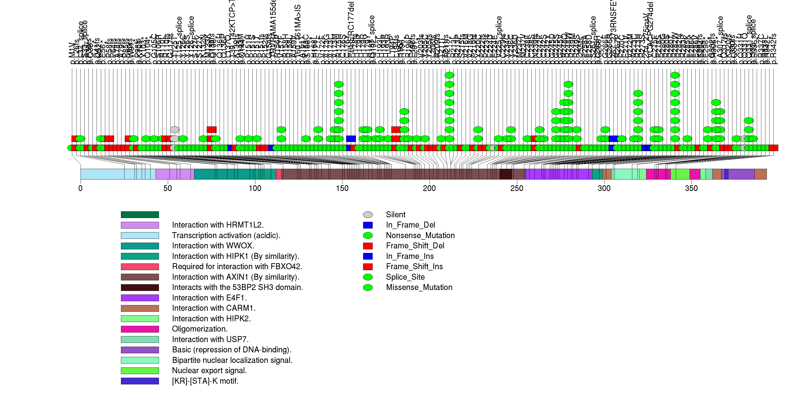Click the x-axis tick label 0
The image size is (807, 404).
[x=81, y=189]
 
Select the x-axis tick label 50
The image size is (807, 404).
[x=168, y=189]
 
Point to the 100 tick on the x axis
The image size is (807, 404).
[x=255, y=189]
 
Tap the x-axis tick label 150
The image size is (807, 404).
[x=342, y=189]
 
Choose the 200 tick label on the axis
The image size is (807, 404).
[x=430, y=189]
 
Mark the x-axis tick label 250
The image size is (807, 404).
[x=517, y=189]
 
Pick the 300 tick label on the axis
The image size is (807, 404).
[x=604, y=189]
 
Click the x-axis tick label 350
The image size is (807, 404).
[x=691, y=189]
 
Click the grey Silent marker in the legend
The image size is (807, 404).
[x=368, y=214]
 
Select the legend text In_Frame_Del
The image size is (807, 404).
[x=410, y=225]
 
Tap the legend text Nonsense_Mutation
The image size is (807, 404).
[x=420, y=235]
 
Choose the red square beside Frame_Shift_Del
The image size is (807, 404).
[x=368, y=246]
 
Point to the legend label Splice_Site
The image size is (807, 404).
[x=405, y=277]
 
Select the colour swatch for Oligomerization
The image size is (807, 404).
[x=140, y=329]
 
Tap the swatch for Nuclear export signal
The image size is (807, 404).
[x=140, y=371]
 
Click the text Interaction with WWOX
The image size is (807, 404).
[x=213, y=246]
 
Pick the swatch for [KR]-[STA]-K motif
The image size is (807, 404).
[x=140, y=381]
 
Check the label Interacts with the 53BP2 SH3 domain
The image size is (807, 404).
[x=237, y=287]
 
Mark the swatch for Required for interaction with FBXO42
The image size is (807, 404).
[x=140, y=267]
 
